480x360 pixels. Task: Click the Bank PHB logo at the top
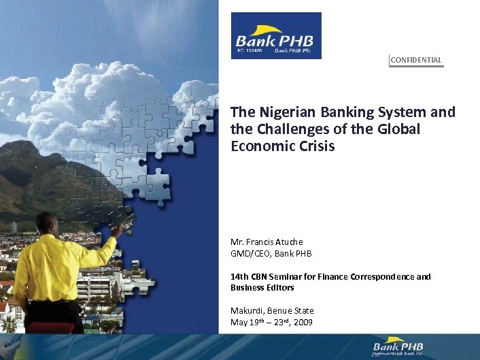tap(276, 35)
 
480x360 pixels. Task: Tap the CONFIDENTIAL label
tap(416, 60)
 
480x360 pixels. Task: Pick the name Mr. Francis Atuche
tap(267, 242)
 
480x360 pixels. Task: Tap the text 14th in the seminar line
tap(239, 277)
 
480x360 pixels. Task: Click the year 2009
tap(303, 322)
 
